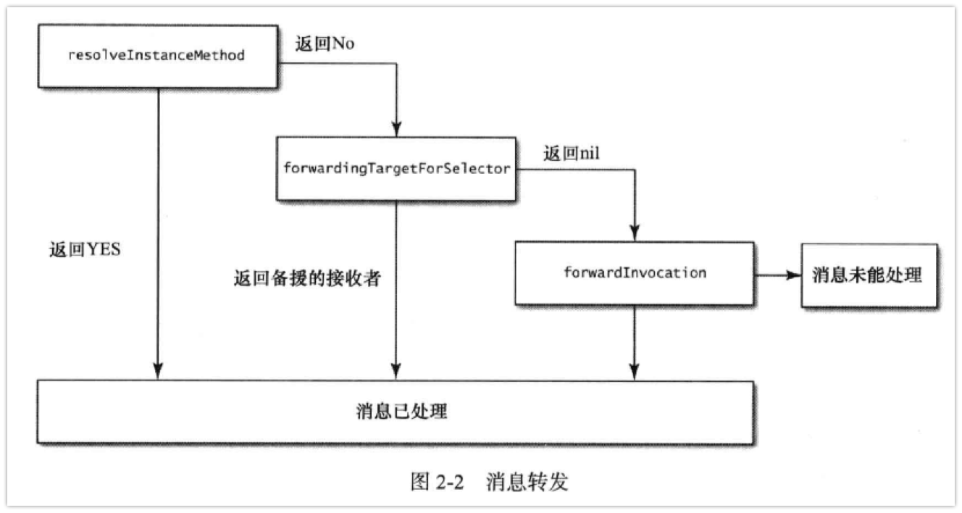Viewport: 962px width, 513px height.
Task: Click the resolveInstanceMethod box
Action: click(x=156, y=56)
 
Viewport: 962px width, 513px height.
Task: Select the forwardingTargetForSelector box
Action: click(x=396, y=169)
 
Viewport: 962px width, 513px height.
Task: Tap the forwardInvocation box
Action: click(x=634, y=273)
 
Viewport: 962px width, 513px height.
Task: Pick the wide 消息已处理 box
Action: click(x=395, y=412)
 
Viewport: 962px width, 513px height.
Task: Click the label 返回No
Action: click(x=325, y=43)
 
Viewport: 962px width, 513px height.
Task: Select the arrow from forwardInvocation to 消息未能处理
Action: click(x=777, y=275)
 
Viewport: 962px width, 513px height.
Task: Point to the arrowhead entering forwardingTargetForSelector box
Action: click(x=396, y=130)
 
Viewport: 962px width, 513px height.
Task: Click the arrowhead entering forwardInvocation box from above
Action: click(x=635, y=235)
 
